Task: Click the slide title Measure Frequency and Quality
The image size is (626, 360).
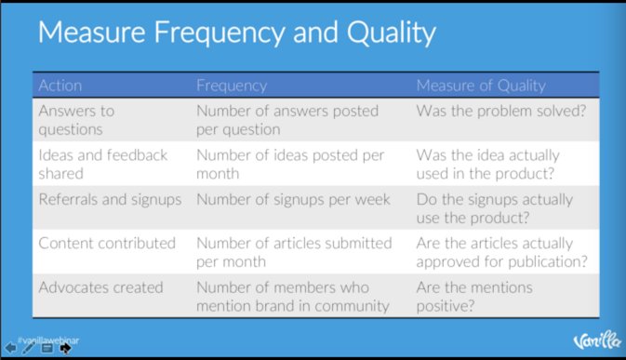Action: point(236,34)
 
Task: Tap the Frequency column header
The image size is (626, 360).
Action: point(232,86)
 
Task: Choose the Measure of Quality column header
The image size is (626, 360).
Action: point(480,86)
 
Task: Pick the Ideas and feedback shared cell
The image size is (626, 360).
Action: point(103,164)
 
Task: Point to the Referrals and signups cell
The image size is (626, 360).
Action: point(109,198)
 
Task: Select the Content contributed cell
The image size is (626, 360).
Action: point(107,243)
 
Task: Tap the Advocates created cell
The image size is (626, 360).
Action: point(100,287)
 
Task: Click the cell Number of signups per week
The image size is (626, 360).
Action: point(293,198)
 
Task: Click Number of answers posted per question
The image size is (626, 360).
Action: point(287,120)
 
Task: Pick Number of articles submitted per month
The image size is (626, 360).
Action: point(294,251)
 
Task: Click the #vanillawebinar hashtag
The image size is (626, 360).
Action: point(48,340)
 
